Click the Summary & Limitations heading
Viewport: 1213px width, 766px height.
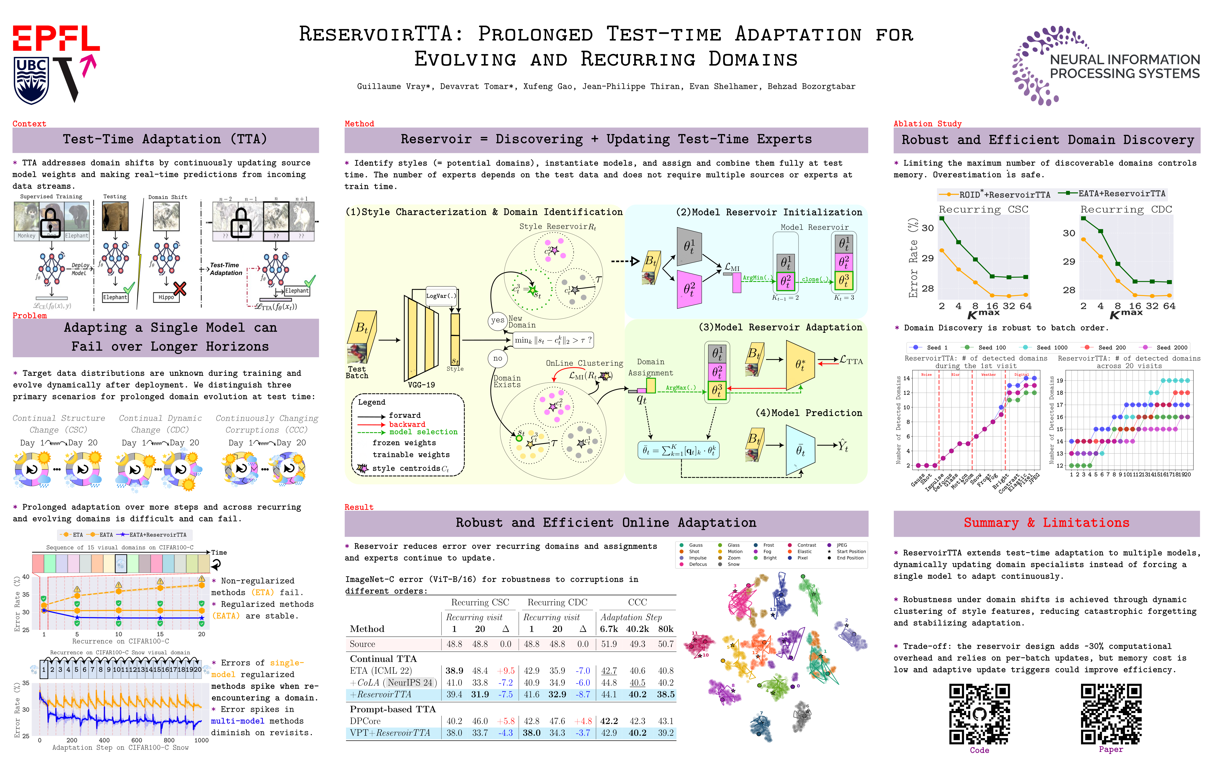pos(1046,523)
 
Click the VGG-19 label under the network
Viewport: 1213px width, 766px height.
pos(421,385)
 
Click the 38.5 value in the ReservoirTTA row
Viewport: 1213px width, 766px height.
pos(666,694)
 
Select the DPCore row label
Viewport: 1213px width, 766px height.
pos(365,721)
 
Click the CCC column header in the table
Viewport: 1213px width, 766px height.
pos(637,602)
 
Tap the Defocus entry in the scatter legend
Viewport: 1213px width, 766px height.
pos(698,565)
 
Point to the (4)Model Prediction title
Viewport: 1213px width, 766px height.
pos(808,413)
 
